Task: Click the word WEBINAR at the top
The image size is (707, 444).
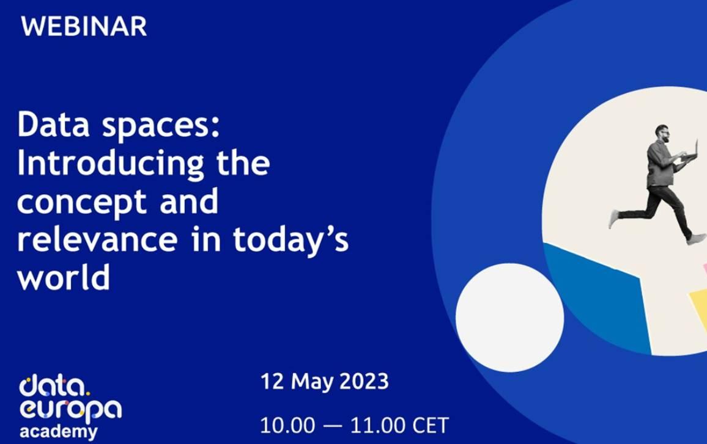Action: pyautogui.click(x=84, y=26)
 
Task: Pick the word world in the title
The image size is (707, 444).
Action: pyautogui.click(x=64, y=278)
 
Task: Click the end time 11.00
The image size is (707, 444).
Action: pyautogui.click(x=378, y=425)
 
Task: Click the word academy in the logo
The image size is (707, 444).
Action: pyautogui.click(x=58, y=432)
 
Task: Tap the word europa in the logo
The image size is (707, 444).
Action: pyautogui.click(x=70, y=409)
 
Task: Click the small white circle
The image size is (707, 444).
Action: pyautogui.click(x=509, y=318)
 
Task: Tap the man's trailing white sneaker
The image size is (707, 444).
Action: pyautogui.click(x=613, y=219)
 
